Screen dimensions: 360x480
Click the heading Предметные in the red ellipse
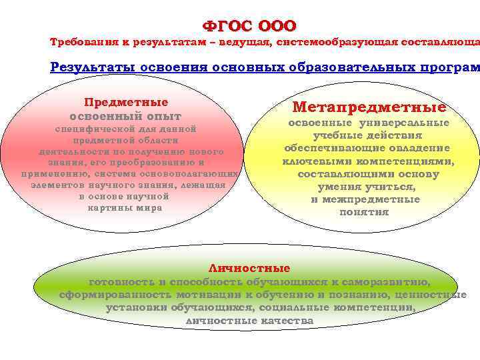click(x=125, y=103)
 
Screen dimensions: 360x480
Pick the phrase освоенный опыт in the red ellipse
click(x=125, y=116)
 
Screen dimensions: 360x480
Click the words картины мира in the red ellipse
click(x=125, y=207)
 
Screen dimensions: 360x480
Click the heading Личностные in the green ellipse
click(x=250, y=269)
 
